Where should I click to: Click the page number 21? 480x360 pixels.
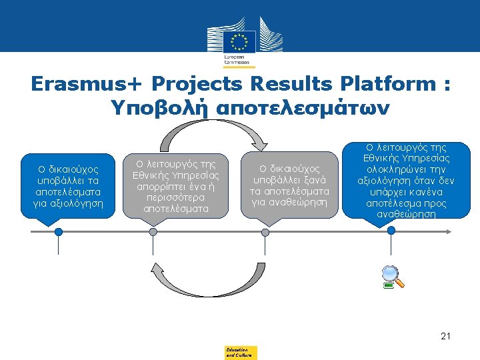(x=445, y=337)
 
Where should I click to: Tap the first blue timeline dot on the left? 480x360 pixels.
(x=59, y=231)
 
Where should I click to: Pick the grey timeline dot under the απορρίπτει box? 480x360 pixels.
(x=153, y=231)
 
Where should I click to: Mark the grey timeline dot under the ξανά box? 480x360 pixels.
(x=265, y=231)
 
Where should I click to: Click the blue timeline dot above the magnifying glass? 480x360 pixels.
(x=391, y=231)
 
